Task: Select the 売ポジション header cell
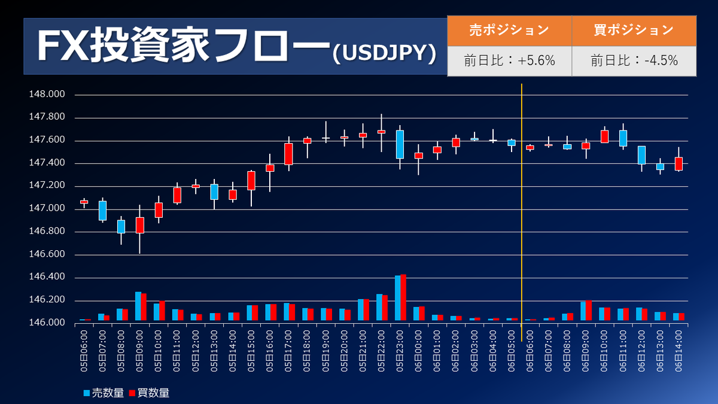pyautogui.click(x=509, y=30)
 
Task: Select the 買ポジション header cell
pyautogui.click(x=634, y=30)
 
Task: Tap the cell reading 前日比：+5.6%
pyautogui.click(x=509, y=60)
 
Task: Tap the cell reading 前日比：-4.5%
pyautogui.click(x=634, y=60)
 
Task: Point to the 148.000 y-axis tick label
pyautogui.click(x=47, y=95)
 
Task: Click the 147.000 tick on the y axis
pyautogui.click(x=47, y=209)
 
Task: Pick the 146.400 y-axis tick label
pyautogui.click(x=47, y=278)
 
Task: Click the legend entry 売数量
pyautogui.click(x=104, y=393)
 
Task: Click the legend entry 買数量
pyautogui.click(x=150, y=393)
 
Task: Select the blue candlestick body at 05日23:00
pyautogui.click(x=400, y=144)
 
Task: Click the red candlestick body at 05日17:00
pyautogui.click(x=288, y=154)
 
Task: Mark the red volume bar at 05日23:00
pyautogui.click(x=403, y=297)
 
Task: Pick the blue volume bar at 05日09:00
pyautogui.click(x=138, y=306)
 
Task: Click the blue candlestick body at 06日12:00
pyautogui.click(x=641, y=155)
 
